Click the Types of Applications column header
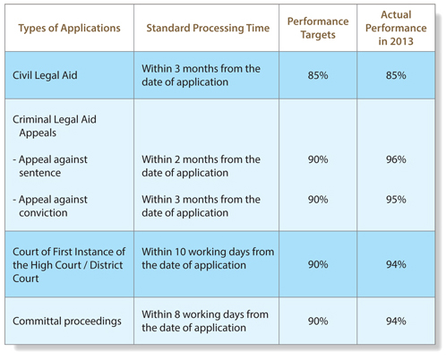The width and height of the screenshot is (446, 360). coord(69,28)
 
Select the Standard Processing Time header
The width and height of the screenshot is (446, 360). coord(208,28)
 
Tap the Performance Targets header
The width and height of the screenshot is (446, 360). coord(318,28)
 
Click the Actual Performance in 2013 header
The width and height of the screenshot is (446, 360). coord(396,28)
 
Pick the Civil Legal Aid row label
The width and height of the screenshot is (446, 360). coord(45,75)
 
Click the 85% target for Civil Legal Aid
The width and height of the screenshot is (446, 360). coord(318,75)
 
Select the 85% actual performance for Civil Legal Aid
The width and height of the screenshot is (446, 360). coord(396,75)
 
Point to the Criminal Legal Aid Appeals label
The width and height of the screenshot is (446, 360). coord(55,126)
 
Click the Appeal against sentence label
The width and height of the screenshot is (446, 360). coord(50,166)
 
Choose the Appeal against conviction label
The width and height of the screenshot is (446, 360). coord(50,206)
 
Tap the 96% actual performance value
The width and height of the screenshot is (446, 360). coord(396,159)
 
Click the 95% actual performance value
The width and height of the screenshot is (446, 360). coord(396,200)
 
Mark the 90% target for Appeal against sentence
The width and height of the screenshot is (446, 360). coord(318,159)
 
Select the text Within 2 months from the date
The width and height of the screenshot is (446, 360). coord(201,166)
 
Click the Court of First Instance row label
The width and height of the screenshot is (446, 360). coord(69,265)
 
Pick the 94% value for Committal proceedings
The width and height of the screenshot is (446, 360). coord(396,321)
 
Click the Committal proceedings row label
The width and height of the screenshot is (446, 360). coord(67,321)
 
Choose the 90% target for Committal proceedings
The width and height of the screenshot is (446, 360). coord(318,321)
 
